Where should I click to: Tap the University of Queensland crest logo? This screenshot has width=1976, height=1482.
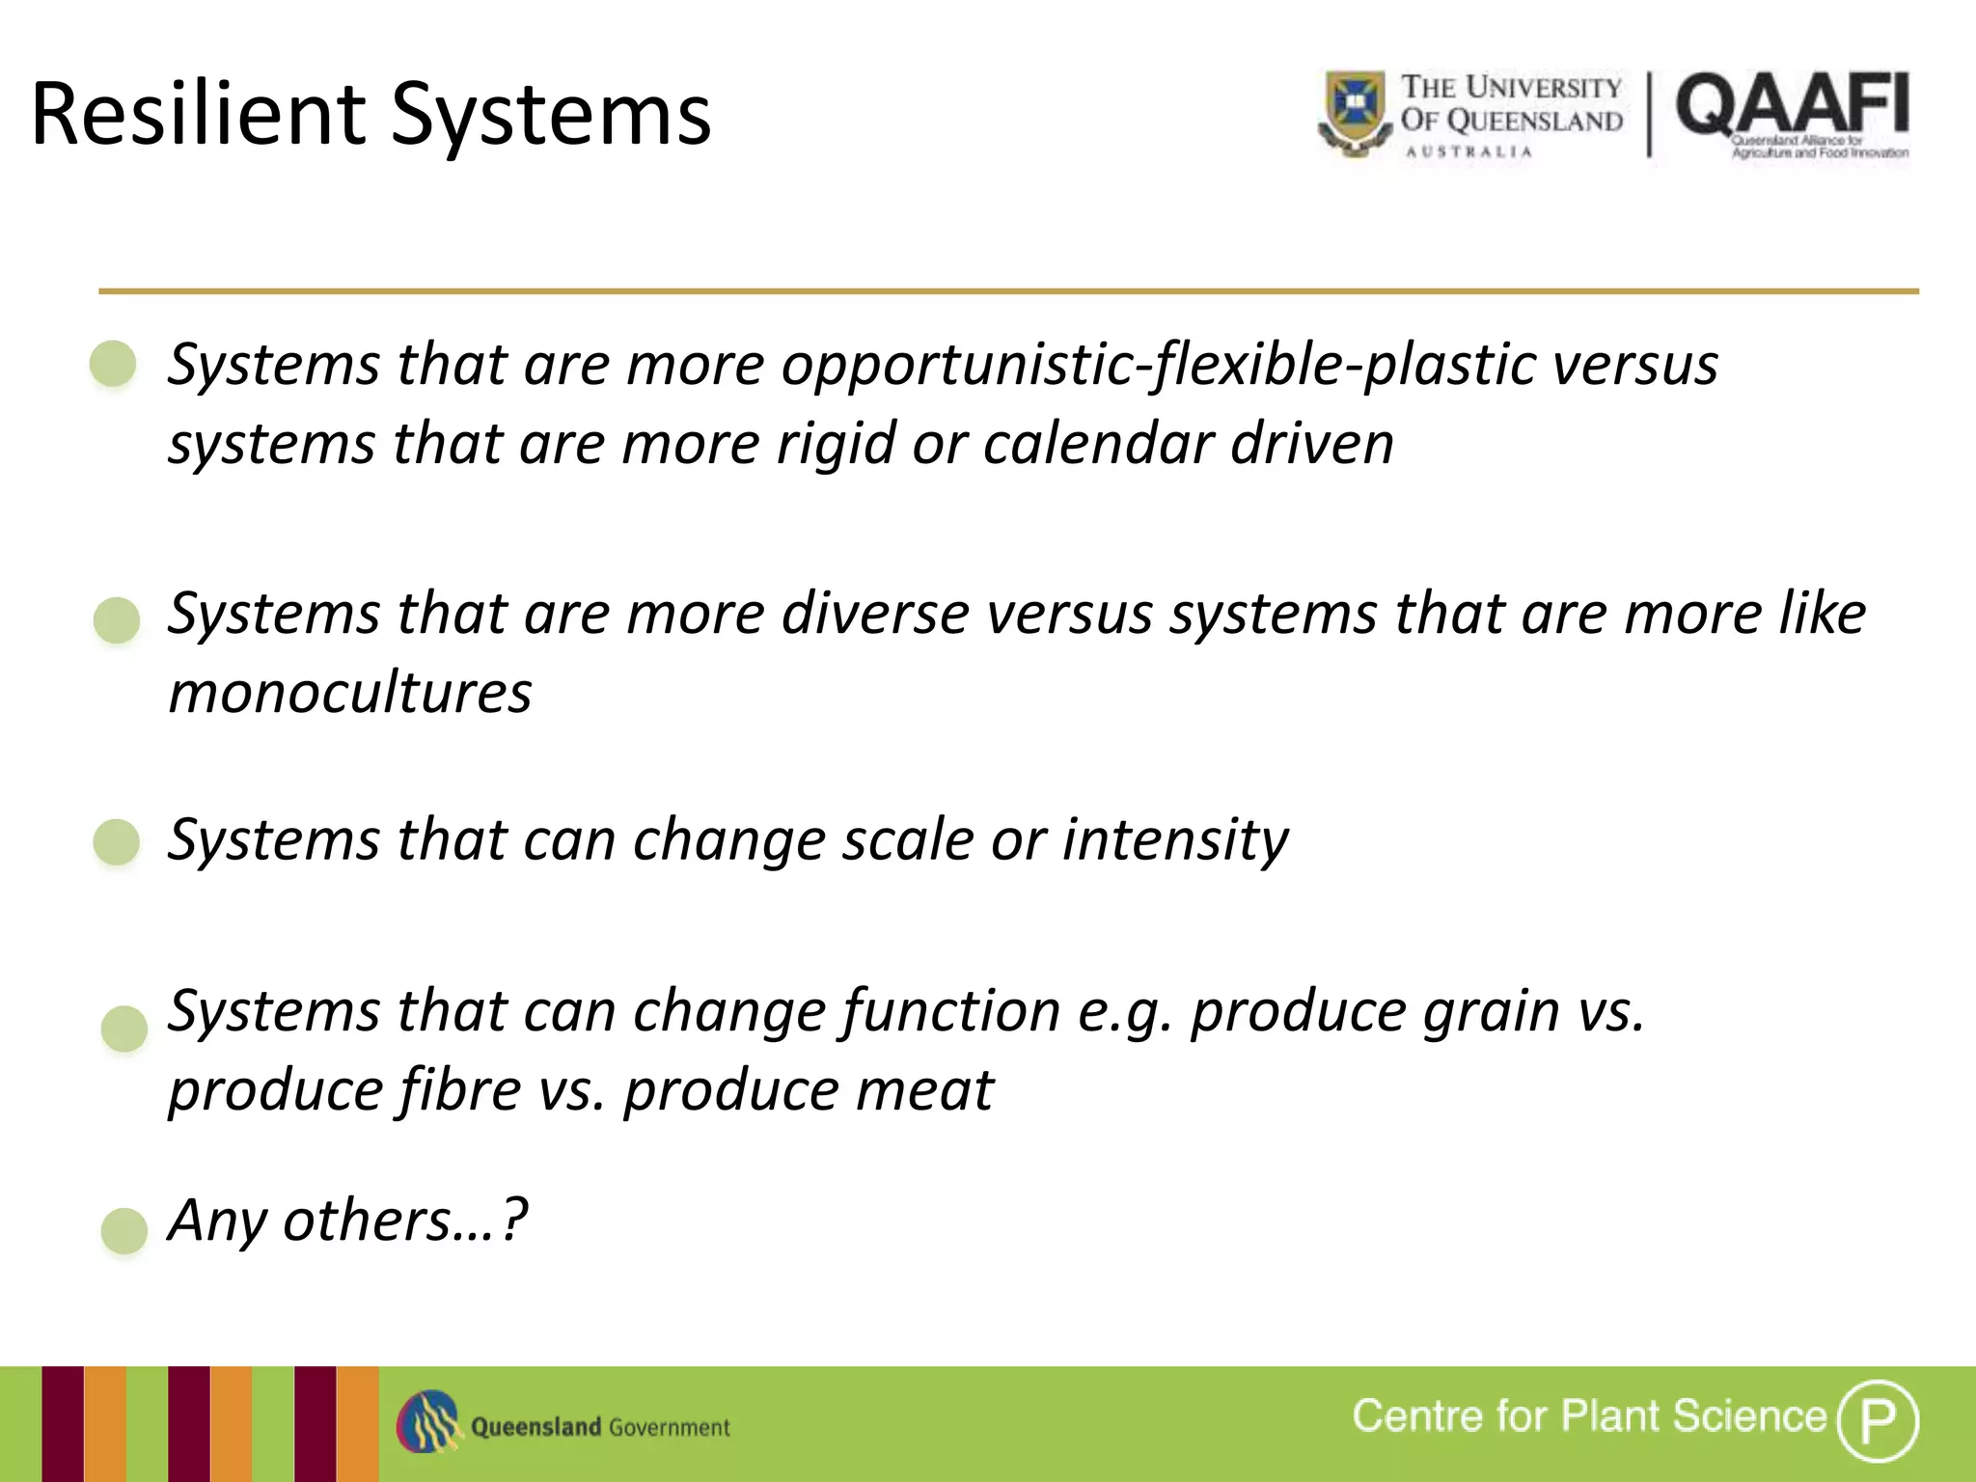tap(1355, 113)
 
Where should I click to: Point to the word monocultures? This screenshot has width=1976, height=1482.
tap(350, 693)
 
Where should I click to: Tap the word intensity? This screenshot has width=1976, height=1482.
tap(1175, 839)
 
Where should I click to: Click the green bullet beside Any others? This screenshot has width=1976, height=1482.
tap(124, 1230)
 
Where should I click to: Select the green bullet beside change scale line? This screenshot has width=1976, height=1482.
tap(117, 842)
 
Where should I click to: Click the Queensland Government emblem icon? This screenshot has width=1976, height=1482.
tap(427, 1422)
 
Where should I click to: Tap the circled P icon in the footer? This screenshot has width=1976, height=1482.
tap(1877, 1420)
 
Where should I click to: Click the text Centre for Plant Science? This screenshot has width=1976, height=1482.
tap(1588, 1416)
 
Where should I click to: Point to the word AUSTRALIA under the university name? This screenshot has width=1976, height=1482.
tap(1468, 152)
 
